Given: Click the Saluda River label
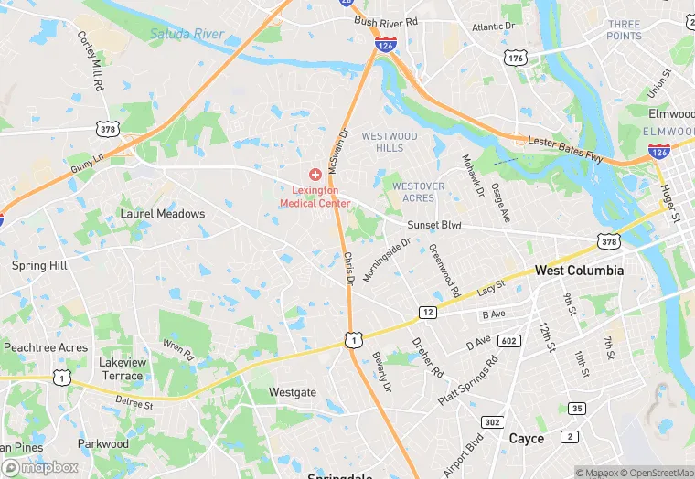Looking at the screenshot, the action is pos(187,35).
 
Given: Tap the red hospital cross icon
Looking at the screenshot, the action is pos(315,174).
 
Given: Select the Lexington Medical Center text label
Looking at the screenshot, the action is pos(309,197).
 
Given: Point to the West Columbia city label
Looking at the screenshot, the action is pos(579,271).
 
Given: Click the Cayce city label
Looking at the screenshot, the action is pos(526,439).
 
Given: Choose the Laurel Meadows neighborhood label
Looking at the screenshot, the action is pos(163,214).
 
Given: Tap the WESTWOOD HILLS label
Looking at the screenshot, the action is pos(390,142).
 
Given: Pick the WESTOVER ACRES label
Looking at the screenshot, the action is pos(419,192).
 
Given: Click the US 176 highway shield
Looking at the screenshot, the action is pos(515,58).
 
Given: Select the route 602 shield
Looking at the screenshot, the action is pos(510,342).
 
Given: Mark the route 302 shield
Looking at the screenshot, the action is pos(492,422).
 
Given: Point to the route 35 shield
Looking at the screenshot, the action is pos(576,408).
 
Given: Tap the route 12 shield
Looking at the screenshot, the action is pos(428,313).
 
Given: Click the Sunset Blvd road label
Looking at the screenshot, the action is pos(434,225).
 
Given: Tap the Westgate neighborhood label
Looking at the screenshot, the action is pos(293,392).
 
